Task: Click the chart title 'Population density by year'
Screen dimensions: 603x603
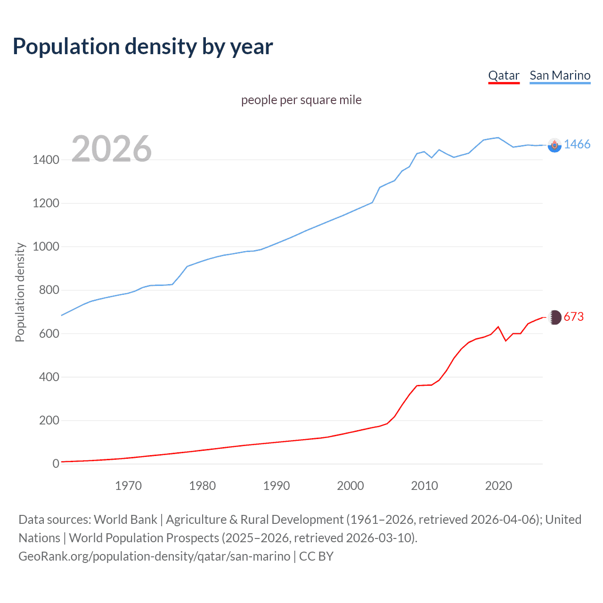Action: [143, 46]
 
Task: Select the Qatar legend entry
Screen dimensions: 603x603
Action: [504, 75]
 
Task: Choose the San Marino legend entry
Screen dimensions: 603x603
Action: [560, 75]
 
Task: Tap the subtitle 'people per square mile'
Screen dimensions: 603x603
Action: [301, 100]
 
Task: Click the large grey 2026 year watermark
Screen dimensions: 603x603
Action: [112, 149]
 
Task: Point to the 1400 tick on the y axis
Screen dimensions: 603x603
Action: [46, 160]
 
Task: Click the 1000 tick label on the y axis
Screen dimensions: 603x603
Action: [46, 247]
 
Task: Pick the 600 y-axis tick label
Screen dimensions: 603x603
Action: [49, 334]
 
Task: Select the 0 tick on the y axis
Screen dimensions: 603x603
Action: [56, 464]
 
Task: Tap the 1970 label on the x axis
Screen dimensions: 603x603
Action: [128, 486]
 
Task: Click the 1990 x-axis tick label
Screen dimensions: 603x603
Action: [277, 486]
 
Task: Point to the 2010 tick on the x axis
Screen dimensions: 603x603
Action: [424, 486]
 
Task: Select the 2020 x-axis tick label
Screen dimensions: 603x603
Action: [498, 486]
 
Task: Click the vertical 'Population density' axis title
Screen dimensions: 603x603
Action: [20, 292]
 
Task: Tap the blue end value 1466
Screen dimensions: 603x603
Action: [577, 144]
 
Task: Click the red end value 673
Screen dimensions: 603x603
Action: [573, 317]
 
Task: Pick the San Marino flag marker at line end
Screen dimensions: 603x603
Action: [554, 145]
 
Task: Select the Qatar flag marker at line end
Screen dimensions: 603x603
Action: [555, 318]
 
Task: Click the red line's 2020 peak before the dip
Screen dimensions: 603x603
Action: [498, 326]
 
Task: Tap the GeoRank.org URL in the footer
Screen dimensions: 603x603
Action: [154, 556]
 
